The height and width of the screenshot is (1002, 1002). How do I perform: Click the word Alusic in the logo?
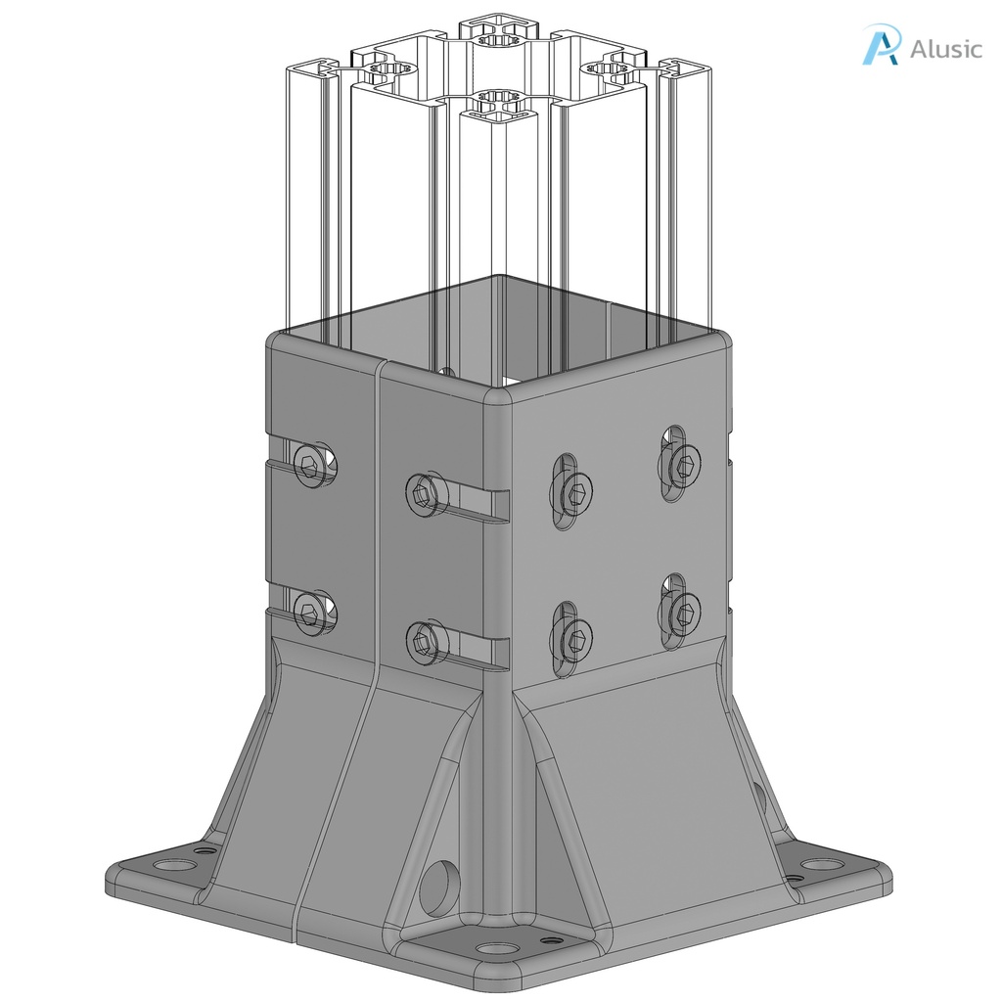tap(945, 49)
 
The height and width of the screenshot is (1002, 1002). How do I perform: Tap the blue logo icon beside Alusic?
tap(880, 45)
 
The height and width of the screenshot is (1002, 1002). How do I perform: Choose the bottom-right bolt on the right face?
tap(683, 611)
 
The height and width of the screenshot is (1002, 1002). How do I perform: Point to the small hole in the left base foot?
tap(204, 850)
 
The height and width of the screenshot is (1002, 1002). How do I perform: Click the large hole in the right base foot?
tap(823, 864)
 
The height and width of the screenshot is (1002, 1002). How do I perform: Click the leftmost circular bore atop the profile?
tap(392, 70)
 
